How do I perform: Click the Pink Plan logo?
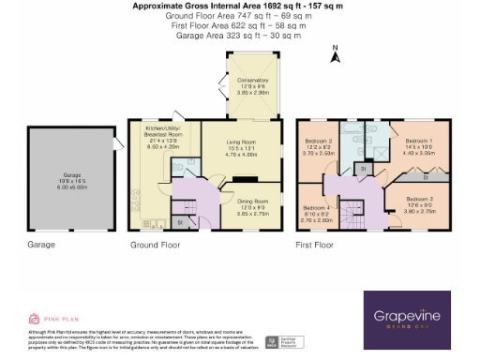pyautogui.click(x=48, y=318)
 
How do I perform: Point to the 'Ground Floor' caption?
pyautogui.click(x=155, y=245)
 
